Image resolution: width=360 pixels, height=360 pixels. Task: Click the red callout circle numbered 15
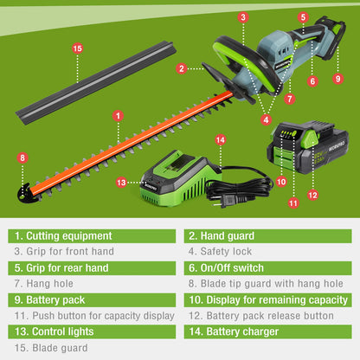pyautogui.click(x=78, y=48)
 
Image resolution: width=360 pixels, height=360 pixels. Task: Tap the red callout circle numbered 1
pyautogui.click(x=117, y=114)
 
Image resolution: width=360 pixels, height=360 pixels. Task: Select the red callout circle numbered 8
pyautogui.click(x=22, y=158)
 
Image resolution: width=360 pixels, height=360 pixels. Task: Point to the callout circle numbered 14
pyautogui.click(x=220, y=139)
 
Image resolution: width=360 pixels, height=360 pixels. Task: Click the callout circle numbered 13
pyautogui.click(x=120, y=182)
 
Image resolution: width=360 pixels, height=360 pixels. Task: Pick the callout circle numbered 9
pyautogui.click(x=338, y=79)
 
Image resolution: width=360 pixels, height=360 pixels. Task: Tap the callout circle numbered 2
pyautogui.click(x=182, y=67)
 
